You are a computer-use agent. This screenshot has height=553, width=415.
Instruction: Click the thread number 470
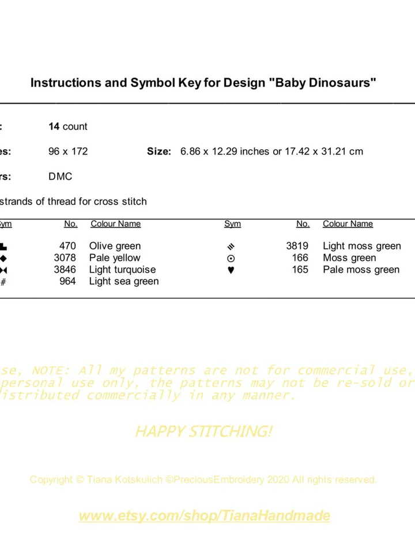pyautogui.click(x=67, y=246)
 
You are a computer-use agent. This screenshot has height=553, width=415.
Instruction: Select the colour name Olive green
pyautogui.click(x=115, y=246)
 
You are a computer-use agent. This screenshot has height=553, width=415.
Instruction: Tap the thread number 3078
pyautogui.click(x=65, y=257)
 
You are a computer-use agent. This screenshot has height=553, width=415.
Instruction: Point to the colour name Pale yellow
pyautogui.click(x=115, y=257)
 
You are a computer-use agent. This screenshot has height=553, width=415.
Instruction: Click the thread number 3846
pyautogui.click(x=65, y=270)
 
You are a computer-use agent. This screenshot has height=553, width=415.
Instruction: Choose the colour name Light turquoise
pyautogui.click(x=122, y=270)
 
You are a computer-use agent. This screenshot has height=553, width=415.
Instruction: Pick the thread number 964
pyautogui.click(x=67, y=281)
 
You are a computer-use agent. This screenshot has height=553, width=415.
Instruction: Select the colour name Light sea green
pyautogui.click(x=124, y=281)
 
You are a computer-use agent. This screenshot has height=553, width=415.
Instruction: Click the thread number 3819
pyautogui.click(x=297, y=246)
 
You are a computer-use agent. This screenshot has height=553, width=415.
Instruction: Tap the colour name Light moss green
pyautogui.click(x=362, y=246)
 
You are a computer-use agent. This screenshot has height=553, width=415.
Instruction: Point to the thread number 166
pyautogui.click(x=300, y=257)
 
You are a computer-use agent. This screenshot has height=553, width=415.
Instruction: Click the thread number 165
pyautogui.click(x=300, y=270)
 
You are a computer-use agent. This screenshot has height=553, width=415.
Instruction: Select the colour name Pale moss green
pyautogui.click(x=361, y=270)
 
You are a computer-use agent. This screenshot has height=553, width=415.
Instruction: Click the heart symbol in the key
pyautogui.click(x=231, y=270)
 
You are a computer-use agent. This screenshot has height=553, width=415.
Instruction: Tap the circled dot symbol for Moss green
pyautogui.click(x=231, y=259)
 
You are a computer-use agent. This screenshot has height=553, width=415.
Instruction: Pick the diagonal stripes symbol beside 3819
pyautogui.click(x=232, y=247)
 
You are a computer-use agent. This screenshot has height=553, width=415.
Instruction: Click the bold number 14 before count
pyautogui.click(x=54, y=126)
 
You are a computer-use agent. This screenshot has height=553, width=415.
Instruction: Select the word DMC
pyautogui.click(x=61, y=176)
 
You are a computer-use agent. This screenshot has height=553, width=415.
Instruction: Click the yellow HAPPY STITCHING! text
pyautogui.click(x=203, y=431)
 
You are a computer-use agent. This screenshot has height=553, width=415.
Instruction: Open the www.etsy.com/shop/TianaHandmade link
pyautogui.click(x=205, y=516)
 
